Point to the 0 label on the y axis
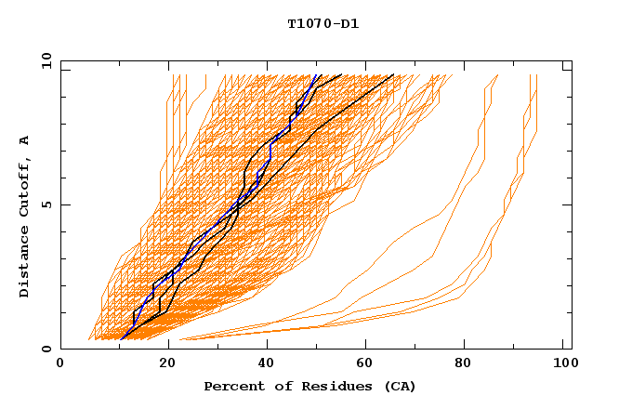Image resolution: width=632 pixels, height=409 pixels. (x=46, y=349)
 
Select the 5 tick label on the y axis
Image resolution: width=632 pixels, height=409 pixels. (x=46, y=204)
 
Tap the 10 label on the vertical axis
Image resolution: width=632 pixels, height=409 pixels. (x=46, y=60)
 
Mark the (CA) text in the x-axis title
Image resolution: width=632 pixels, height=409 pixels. (x=400, y=386)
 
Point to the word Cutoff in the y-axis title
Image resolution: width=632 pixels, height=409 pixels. (x=24, y=188)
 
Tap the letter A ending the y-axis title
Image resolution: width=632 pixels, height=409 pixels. (x=24, y=140)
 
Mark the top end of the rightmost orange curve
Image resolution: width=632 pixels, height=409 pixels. (x=537, y=75)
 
